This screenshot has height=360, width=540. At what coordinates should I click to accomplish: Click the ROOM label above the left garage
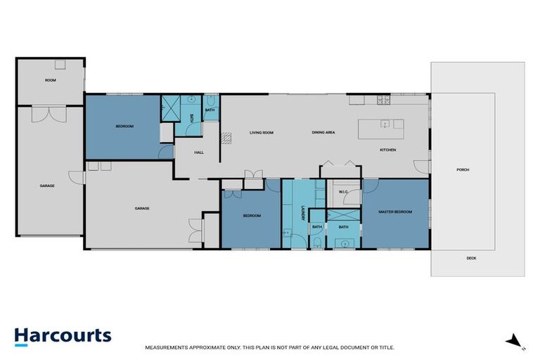(50, 81)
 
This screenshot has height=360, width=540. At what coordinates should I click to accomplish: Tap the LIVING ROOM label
(262, 133)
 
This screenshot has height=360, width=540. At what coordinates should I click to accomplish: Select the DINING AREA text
(323, 133)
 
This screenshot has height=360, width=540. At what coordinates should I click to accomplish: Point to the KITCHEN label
(388, 150)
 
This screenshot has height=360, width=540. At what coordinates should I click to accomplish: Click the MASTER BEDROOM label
(394, 212)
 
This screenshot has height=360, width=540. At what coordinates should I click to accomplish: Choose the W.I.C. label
(344, 191)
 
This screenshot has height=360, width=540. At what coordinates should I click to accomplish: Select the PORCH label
(463, 169)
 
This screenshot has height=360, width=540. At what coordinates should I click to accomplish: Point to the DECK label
(471, 258)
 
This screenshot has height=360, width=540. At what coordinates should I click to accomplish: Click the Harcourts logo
(63, 335)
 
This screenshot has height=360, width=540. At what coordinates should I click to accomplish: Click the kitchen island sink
(385, 124)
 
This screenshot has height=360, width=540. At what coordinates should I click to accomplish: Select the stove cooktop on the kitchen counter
(384, 101)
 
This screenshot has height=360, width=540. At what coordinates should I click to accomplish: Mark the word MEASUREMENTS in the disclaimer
(167, 347)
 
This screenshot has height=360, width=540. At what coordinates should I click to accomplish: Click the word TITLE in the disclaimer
(385, 347)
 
